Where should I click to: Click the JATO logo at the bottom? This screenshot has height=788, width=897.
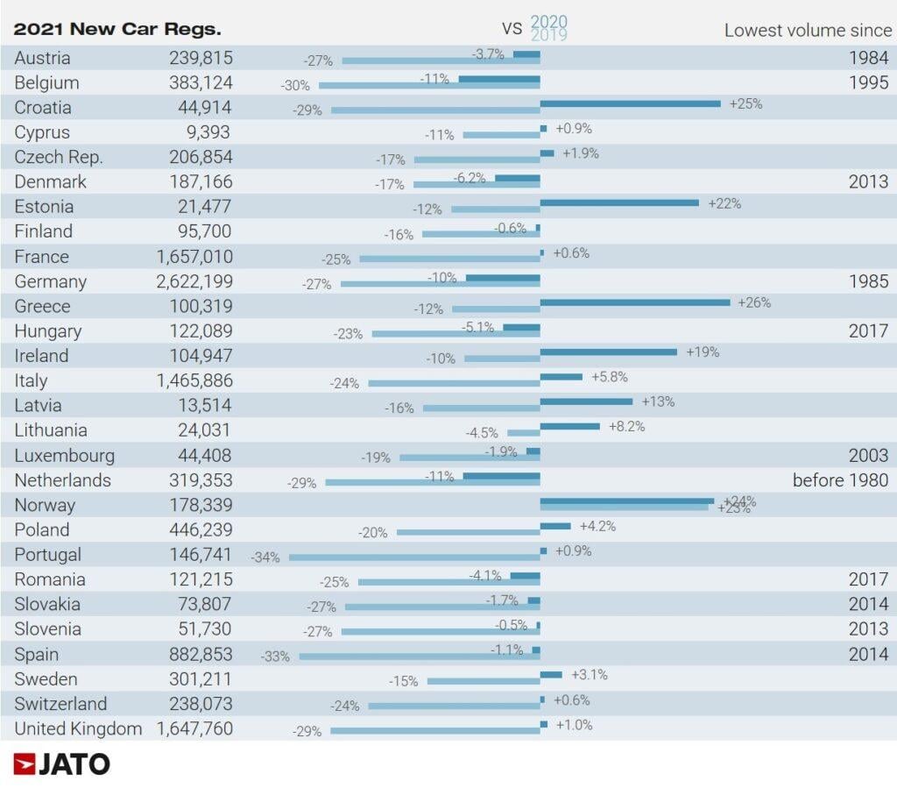62,763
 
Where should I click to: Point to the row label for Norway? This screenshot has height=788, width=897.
45,505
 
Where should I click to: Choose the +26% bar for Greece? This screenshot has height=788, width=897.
635,302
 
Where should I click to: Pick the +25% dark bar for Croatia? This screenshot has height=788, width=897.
630,103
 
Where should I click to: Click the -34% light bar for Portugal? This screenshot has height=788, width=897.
414,557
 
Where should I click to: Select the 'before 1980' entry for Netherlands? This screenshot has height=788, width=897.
840,479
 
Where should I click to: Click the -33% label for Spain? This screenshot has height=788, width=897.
275,656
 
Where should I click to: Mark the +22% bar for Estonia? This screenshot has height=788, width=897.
619,202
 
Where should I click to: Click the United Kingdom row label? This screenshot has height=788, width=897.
78,728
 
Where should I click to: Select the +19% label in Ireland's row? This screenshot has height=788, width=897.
703,351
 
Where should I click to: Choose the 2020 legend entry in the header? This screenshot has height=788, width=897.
549,22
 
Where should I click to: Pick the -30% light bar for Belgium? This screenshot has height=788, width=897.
429,86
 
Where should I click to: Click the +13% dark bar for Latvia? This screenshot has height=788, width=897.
586,401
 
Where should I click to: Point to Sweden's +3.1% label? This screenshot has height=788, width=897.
589,675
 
